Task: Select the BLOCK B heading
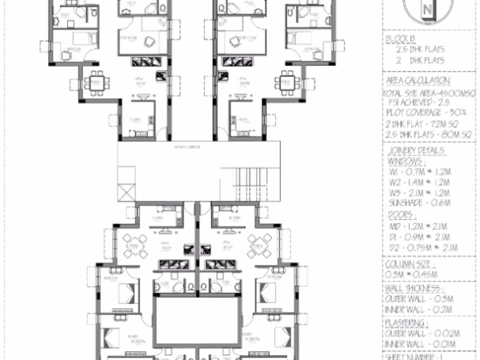401,39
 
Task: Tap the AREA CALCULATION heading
418,81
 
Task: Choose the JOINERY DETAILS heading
417,151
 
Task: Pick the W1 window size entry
419,172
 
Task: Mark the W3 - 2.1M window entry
419,193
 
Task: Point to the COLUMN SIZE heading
410,264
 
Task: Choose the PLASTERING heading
406,323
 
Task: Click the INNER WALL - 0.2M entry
418,310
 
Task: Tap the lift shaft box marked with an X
127,192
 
